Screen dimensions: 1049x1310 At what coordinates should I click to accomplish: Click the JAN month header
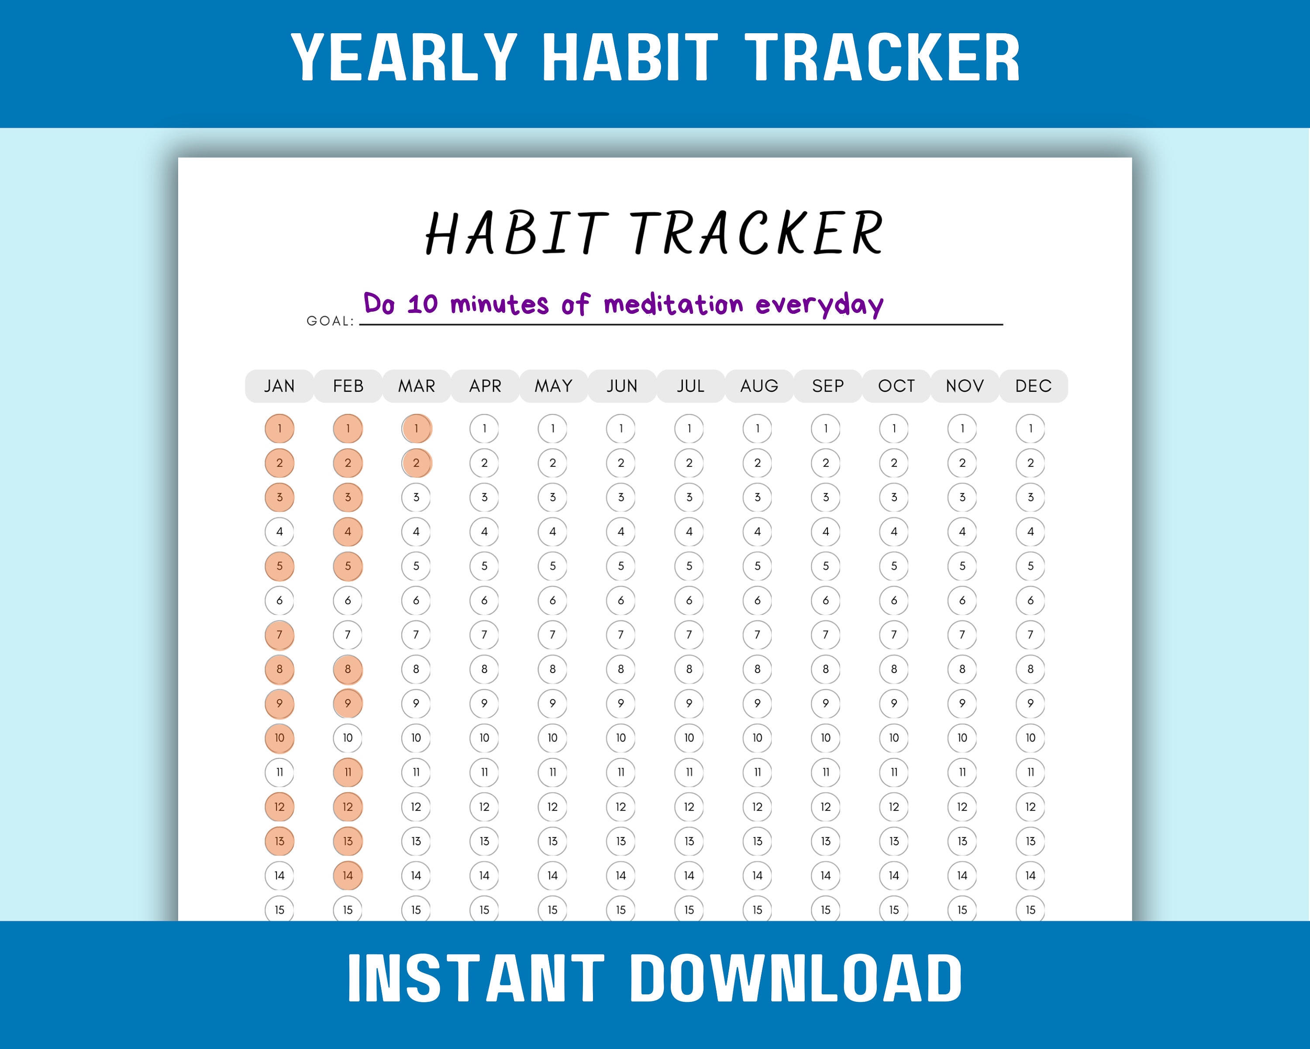pos(279,386)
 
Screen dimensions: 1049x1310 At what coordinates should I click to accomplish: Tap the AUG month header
pos(759,386)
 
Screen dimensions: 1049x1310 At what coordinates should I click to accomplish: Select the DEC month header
pos(1033,386)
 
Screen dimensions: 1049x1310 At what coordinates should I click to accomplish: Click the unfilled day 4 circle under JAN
pos(279,531)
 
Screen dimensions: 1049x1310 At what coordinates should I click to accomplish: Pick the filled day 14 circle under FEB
pos(348,875)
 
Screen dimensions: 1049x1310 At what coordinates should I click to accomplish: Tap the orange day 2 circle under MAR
pos(416,463)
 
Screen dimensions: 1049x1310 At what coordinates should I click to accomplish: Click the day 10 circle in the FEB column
pos(348,738)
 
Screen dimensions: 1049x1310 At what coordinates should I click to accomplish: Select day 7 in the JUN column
pos(621,635)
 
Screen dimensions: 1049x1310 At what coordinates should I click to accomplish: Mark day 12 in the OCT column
pos(894,807)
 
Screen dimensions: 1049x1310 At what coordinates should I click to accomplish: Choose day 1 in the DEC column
pos(1031,429)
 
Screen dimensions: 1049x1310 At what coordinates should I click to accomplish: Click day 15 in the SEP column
pos(826,910)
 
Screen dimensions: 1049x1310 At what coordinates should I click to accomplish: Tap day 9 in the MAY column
pos(552,704)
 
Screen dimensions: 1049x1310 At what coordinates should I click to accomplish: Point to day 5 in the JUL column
pos(689,566)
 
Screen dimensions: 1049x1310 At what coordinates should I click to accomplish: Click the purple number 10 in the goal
pos(422,304)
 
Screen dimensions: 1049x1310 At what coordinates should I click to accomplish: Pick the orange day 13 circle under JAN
pos(279,841)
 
